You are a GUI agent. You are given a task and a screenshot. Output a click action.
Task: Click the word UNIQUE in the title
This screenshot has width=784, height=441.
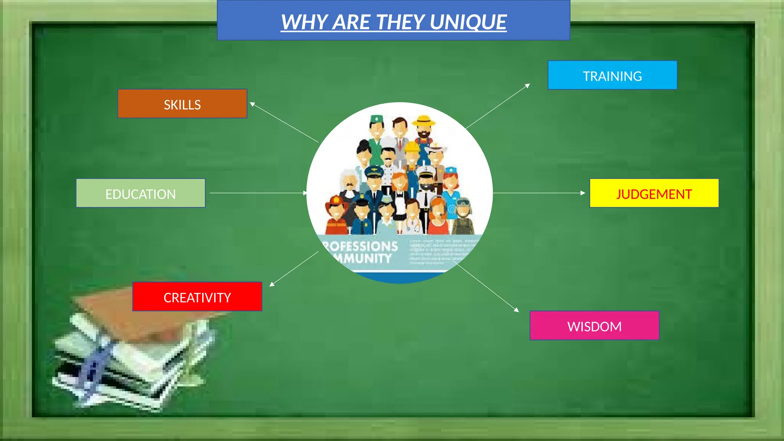coord(468,22)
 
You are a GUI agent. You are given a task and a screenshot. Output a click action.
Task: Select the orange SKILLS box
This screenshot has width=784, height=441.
coord(182,104)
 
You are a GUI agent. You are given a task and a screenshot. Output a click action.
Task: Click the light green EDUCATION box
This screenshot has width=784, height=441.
coord(140,193)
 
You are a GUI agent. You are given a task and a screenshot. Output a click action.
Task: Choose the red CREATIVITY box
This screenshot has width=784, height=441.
coord(197,297)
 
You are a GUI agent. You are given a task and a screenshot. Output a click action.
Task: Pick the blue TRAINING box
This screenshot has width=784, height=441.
coord(612,75)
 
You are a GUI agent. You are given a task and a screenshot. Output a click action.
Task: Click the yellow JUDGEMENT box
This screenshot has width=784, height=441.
coord(654,193)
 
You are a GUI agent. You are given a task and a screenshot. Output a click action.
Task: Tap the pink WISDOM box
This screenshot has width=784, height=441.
coord(594,326)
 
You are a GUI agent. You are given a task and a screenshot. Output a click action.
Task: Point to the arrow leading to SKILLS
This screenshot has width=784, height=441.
coord(284,122)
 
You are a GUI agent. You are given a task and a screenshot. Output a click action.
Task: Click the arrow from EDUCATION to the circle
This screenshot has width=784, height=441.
coord(258,193)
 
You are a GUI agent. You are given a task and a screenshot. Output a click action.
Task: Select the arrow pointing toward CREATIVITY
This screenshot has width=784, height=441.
coord(294,269)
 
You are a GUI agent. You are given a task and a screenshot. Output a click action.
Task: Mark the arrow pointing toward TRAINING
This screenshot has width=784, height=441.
coord(498,106)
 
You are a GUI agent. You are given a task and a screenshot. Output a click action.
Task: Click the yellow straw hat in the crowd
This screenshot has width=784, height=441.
coord(424,121)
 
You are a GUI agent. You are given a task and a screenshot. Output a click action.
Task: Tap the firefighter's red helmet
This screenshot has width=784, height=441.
coord(335,201)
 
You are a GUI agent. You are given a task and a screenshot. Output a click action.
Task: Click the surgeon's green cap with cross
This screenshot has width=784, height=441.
coord(376,119)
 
